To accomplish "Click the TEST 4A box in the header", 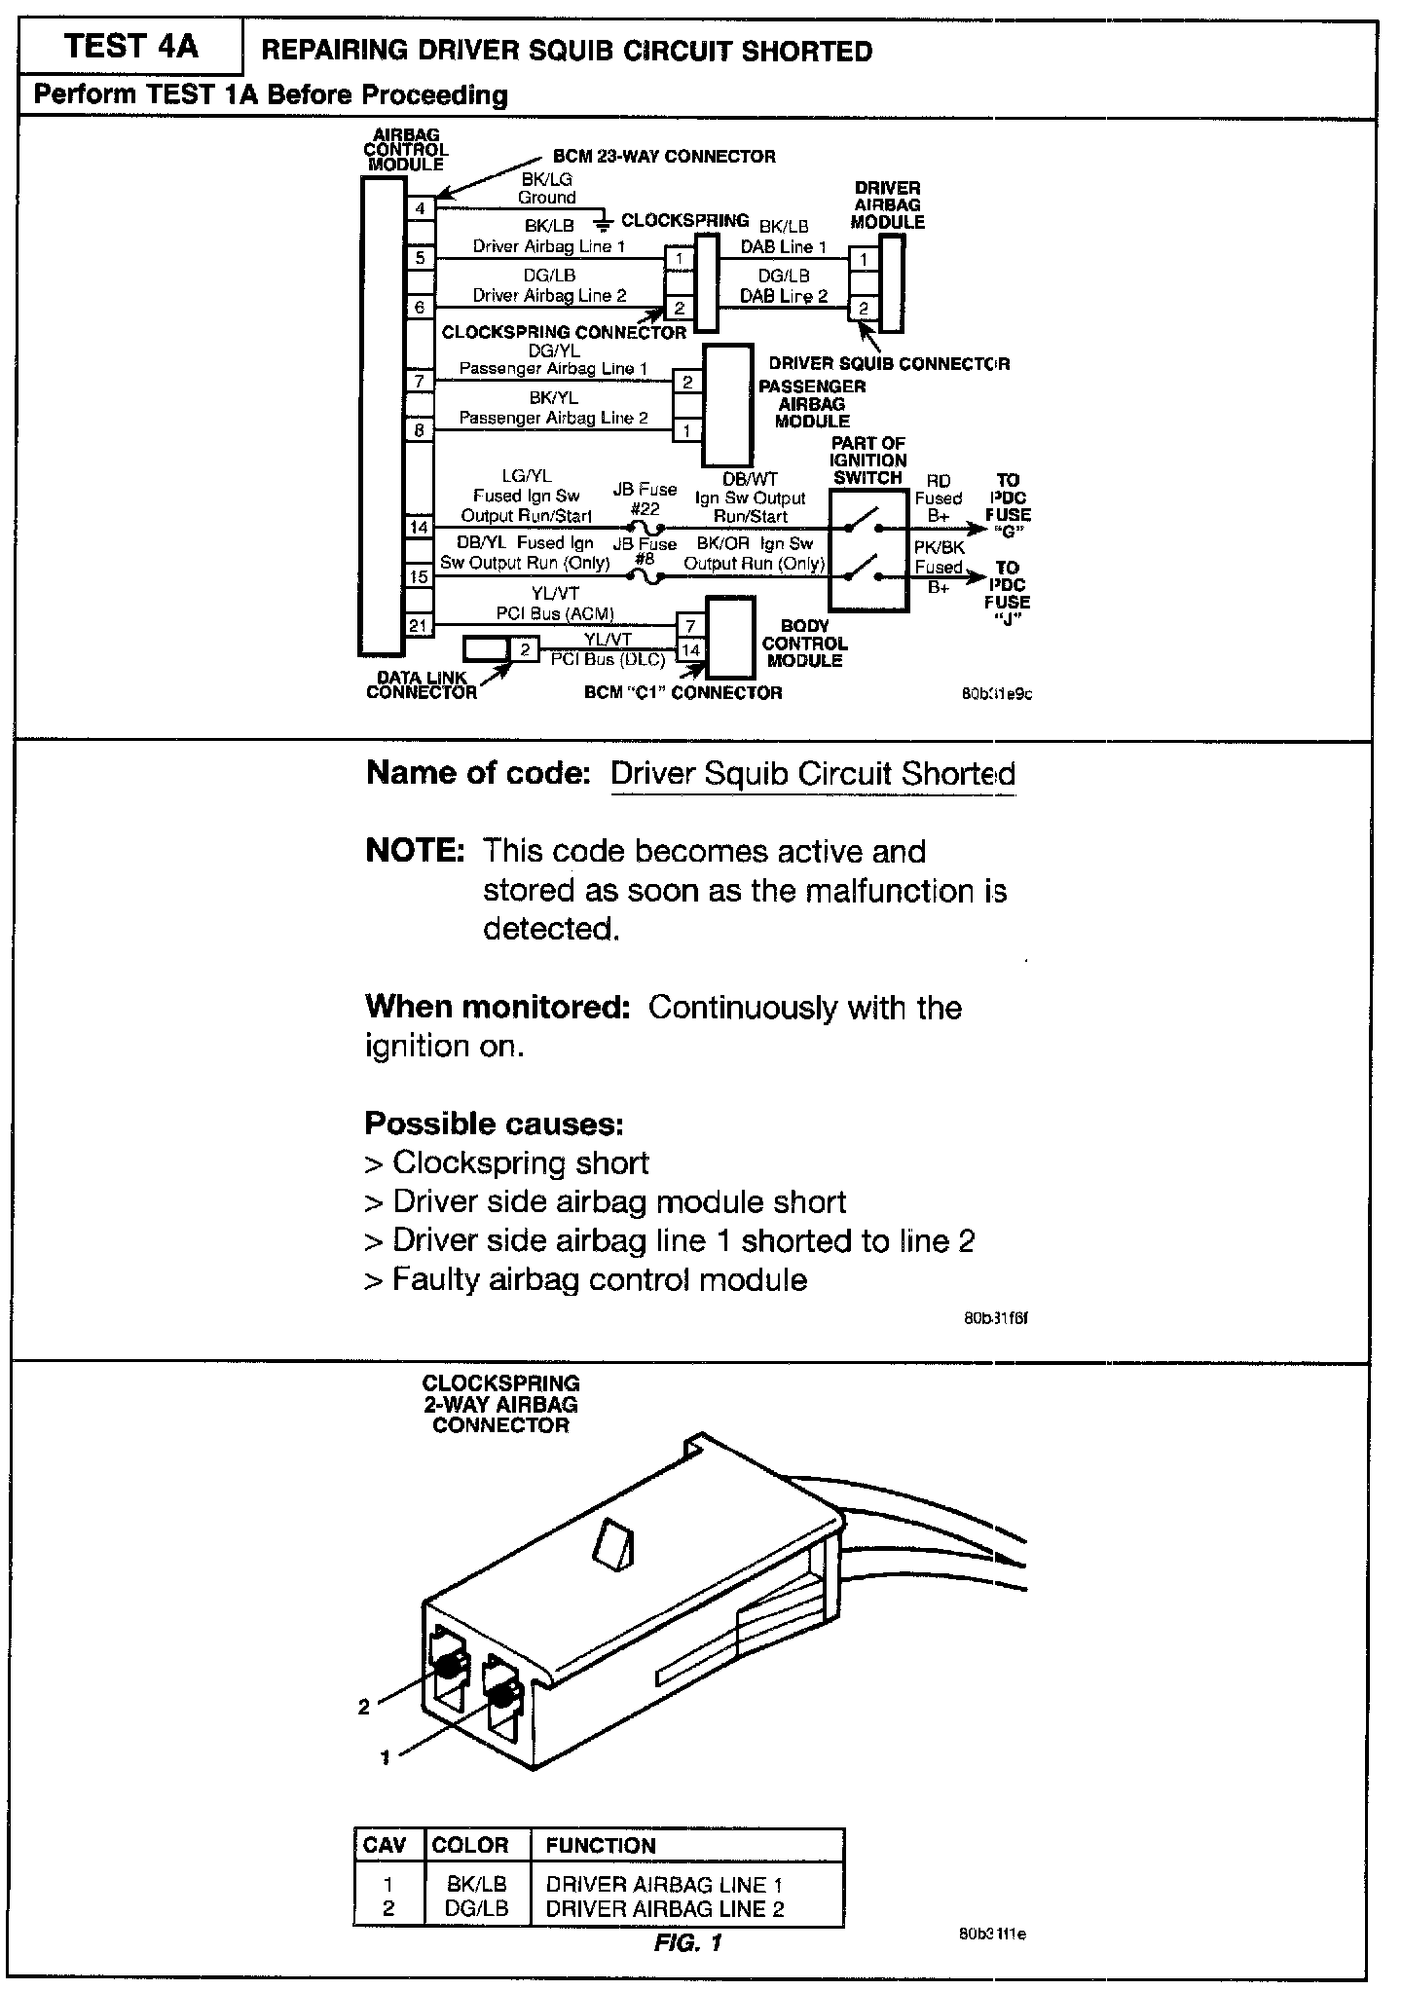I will (x=130, y=48).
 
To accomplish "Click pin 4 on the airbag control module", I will (x=420, y=208).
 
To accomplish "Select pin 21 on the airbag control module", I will (x=419, y=625).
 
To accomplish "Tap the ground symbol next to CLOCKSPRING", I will (x=604, y=222).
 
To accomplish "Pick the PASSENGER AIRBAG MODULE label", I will (x=812, y=403).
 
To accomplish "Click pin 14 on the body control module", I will (x=690, y=649).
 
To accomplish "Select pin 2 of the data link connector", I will (x=525, y=648).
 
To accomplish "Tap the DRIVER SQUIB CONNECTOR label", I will (x=889, y=364).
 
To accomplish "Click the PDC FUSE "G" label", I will (x=1008, y=506).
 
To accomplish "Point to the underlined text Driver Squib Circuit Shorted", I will (x=812, y=774).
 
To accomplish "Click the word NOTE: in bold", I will (x=416, y=851).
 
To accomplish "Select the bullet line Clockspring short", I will (x=506, y=1162).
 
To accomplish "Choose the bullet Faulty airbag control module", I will (x=585, y=1279).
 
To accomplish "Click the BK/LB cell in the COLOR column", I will (x=477, y=1885).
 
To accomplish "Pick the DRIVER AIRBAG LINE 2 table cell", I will (x=664, y=1909).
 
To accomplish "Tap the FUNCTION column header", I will (x=600, y=1846).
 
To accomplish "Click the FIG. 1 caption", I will (x=687, y=1943).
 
